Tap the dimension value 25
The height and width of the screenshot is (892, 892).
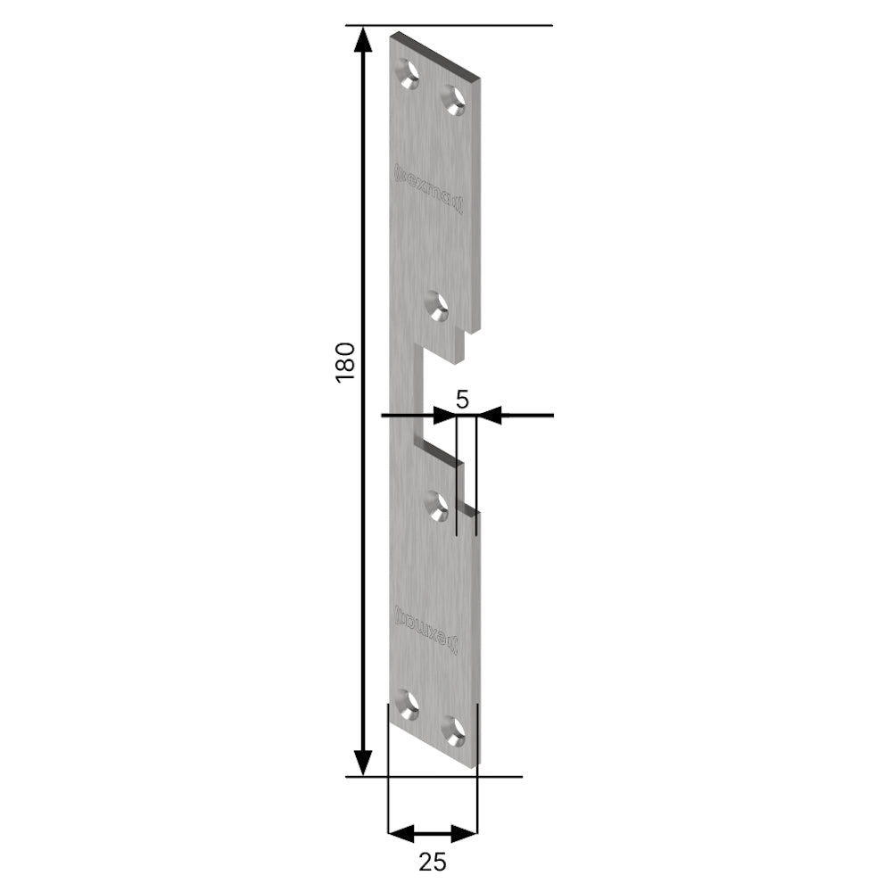click(432, 862)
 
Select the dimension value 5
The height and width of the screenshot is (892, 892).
click(461, 399)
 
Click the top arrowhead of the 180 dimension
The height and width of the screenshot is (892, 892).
click(362, 39)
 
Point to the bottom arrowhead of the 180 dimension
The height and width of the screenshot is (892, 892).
click(362, 763)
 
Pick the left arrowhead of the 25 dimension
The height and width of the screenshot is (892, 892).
click(401, 834)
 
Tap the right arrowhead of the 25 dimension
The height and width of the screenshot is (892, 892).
click(465, 834)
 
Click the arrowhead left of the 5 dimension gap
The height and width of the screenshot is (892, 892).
click(444, 415)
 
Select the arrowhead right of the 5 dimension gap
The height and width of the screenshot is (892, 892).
click(489, 415)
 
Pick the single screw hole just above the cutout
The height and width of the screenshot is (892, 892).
click(437, 306)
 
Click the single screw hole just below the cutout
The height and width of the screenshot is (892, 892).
click(437, 507)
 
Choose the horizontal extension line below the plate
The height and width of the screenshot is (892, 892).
click(434, 776)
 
